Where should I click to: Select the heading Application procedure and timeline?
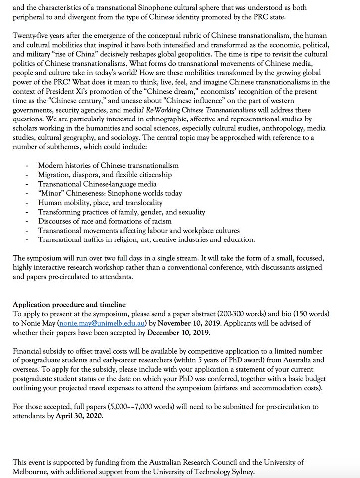click(x=69, y=305)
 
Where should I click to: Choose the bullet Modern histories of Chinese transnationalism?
click(x=108, y=165)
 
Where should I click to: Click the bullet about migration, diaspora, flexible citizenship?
click(x=105, y=175)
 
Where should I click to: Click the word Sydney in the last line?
click(x=242, y=472)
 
